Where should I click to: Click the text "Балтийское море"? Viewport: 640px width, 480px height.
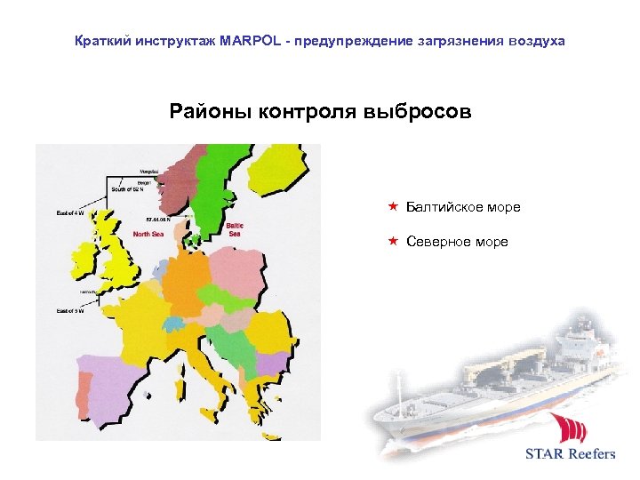[462, 207]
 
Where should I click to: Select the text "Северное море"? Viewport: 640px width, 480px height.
[456, 241]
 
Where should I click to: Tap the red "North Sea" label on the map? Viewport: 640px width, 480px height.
[148, 234]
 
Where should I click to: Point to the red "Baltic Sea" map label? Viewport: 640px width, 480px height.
[235, 229]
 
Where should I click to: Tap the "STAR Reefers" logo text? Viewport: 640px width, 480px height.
[569, 454]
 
